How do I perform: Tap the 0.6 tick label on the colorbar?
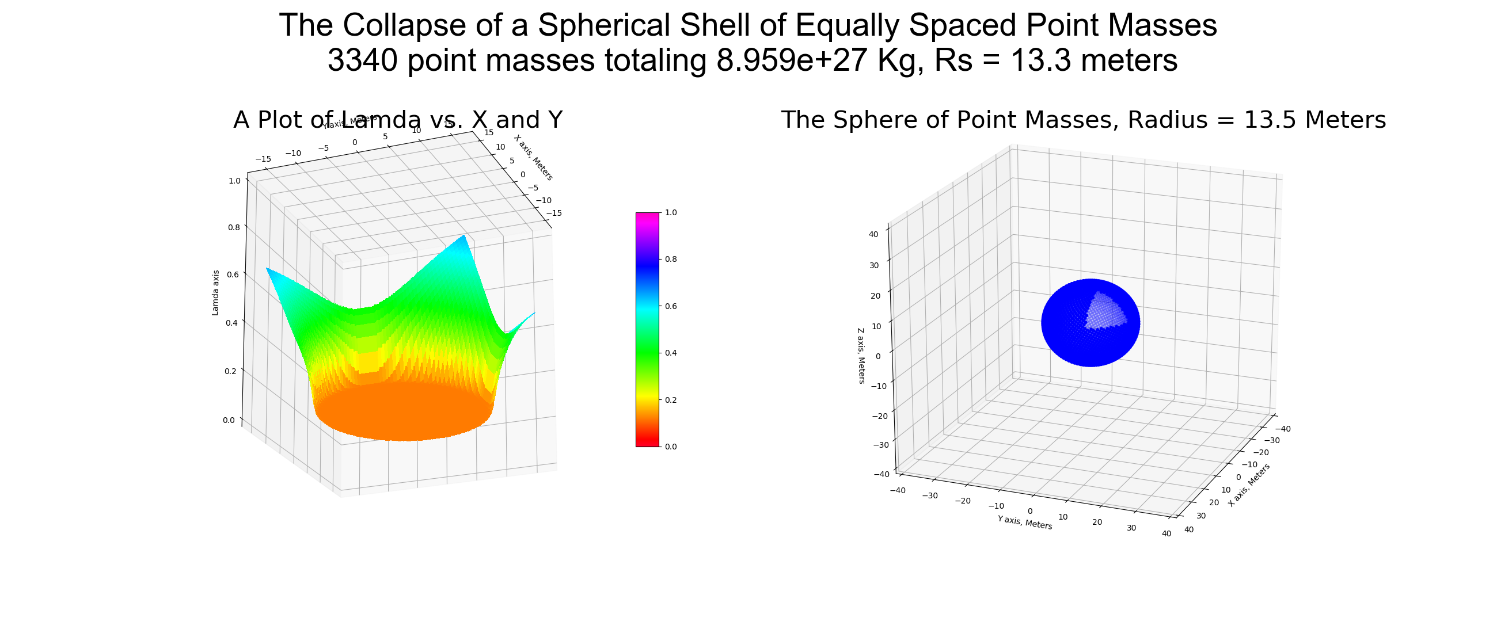tap(671, 306)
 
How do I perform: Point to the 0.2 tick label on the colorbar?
tap(671, 400)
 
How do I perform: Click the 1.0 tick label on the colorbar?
tap(671, 212)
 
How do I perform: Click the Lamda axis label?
tap(215, 293)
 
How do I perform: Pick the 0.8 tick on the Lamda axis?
tap(234, 227)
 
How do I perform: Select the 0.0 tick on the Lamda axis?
tap(229, 420)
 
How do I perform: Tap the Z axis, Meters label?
tap(861, 356)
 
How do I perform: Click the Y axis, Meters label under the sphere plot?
tap(1024, 522)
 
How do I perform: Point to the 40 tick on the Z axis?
tap(873, 235)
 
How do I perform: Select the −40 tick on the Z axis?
tap(882, 474)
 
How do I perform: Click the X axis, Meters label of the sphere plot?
tap(1249, 485)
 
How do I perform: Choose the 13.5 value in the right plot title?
tap(1266, 120)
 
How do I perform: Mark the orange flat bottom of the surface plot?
tap(404, 413)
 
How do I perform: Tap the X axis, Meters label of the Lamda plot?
tap(534, 157)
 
